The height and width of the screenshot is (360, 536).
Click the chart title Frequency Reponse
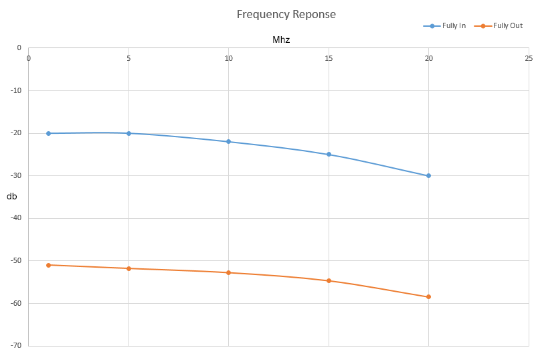[x=286, y=14]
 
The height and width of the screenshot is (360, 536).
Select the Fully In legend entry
[x=444, y=25]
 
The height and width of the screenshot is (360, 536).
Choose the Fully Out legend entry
[x=499, y=25]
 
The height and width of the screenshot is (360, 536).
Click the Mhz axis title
[x=281, y=39]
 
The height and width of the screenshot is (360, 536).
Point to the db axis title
[x=11, y=196]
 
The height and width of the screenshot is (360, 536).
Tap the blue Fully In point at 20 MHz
[x=429, y=176]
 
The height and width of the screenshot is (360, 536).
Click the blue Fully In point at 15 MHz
[x=329, y=155]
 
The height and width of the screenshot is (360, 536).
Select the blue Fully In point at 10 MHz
[x=229, y=142]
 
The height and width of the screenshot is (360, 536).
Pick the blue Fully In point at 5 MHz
[x=129, y=133]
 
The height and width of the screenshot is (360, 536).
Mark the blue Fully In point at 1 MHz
[x=49, y=133]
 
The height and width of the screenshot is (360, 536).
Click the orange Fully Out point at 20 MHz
[x=429, y=296]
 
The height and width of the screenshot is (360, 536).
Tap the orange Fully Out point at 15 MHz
[x=329, y=280]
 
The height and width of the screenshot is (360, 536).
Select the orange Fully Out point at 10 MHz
[x=229, y=272]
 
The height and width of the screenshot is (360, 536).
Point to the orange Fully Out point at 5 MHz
[x=129, y=268]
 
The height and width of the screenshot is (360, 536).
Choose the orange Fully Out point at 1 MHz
[x=49, y=265]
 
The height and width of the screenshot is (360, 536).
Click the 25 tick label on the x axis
[x=529, y=58]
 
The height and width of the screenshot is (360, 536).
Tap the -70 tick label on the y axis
[x=15, y=345]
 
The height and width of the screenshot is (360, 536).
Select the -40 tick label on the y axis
[x=15, y=217]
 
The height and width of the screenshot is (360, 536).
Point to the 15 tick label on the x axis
[x=329, y=58]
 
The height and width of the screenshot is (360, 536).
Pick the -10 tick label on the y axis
[x=15, y=90]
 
